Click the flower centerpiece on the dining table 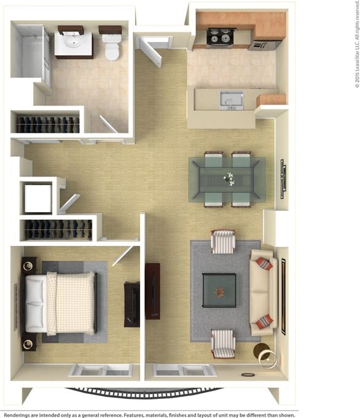point(229,179)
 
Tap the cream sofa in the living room point(263,293)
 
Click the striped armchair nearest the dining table point(223,242)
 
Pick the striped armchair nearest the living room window point(223,344)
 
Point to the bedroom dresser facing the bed point(131,304)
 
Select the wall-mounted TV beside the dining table point(283,179)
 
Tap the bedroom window point(100,370)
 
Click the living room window point(184,370)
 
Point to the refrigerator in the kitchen point(265,44)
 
